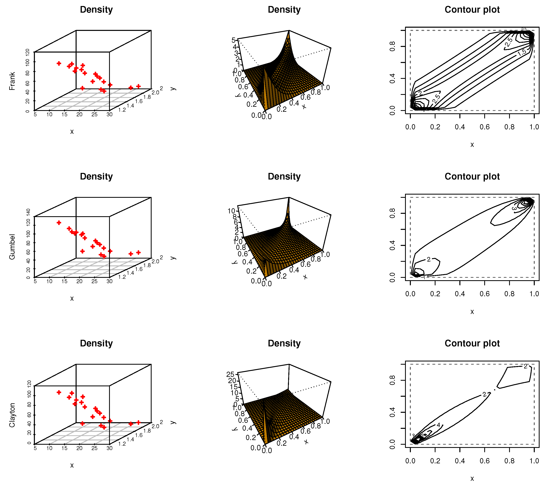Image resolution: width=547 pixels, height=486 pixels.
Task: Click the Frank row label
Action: (12, 81)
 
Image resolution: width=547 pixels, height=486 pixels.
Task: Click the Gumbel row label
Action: (12, 247)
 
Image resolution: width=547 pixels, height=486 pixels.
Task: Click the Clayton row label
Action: (12, 415)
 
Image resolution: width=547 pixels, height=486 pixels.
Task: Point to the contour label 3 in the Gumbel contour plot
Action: (514, 209)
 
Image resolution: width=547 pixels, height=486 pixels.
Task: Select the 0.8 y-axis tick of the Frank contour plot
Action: (392, 46)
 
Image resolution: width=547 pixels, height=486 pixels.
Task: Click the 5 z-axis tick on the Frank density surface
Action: (233, 40)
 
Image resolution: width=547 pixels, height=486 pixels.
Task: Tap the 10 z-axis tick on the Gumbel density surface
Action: (231, 211)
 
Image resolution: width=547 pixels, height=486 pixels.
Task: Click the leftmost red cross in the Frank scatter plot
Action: (59, 63)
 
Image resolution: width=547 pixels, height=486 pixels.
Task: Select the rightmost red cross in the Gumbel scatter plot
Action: (138, 252)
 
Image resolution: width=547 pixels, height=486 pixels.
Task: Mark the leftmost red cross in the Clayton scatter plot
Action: (59, 392)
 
